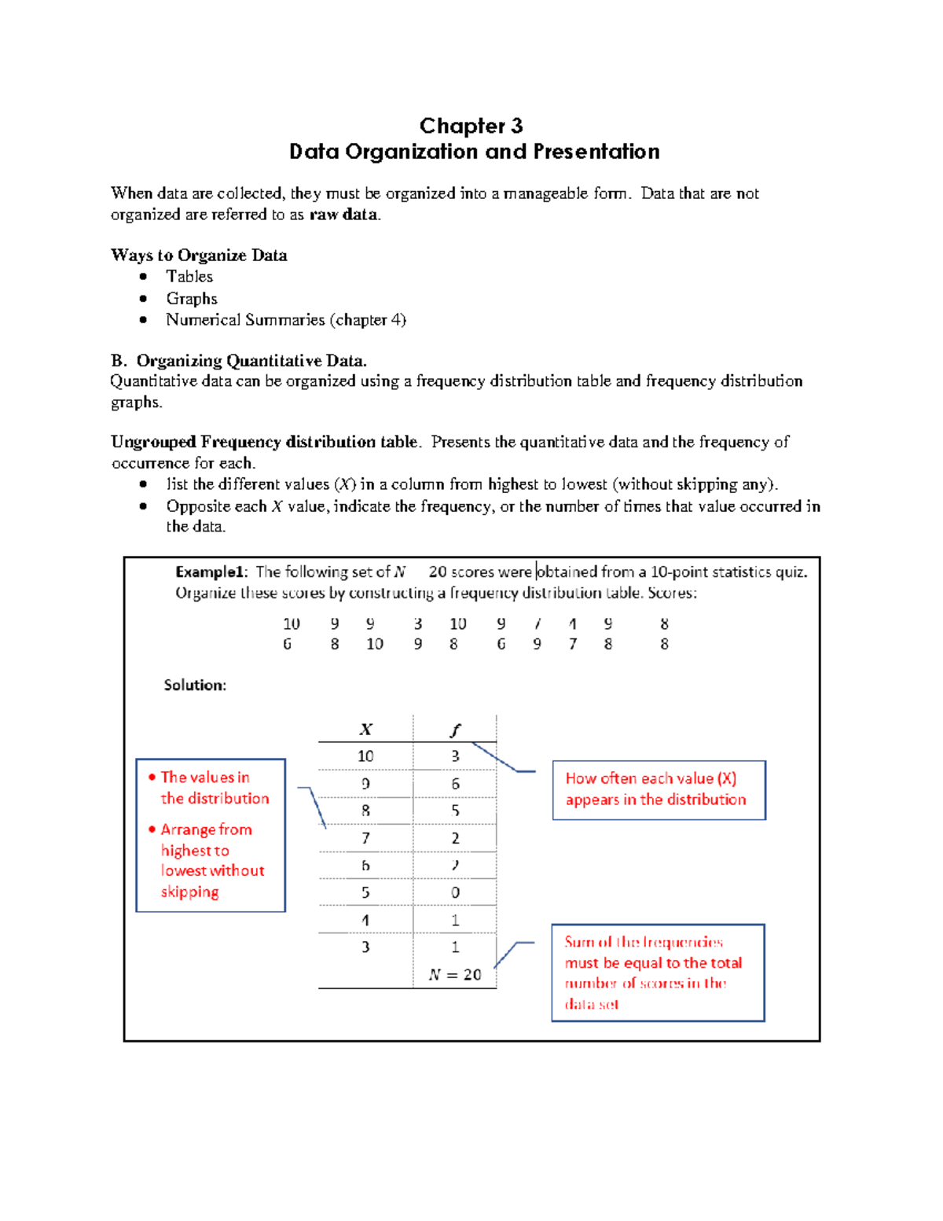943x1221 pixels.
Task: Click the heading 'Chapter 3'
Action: pyautogui.click(x=471, y=126)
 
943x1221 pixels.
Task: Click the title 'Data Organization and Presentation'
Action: pyautogui.click(x=474, y=152)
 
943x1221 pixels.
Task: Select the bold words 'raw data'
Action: pyautogui.click(x=344, y=215)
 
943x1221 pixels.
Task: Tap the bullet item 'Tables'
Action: pyautogui.click(x=189, y=277)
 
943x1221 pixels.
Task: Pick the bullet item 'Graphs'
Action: pyautogui.click(x=192, y=299)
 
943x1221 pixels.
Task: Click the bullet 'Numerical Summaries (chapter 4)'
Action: pyautogui.click(x=286, y=320)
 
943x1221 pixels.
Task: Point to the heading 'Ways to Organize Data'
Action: pyautogui.click(x=199, y=256)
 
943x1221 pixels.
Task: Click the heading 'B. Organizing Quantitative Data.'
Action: pyautogui.click(x=239, y=361)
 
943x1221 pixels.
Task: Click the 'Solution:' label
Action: pyautogui.click(x=195, y=685)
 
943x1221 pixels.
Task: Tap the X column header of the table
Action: pyautogui.click(x=365, y=730)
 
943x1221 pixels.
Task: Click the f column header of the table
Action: pyautogui.click(x=454, y=730)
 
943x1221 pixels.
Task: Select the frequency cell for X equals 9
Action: pyautogui.click(x=455, y=784)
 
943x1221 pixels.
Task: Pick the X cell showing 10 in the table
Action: pyautogui.click(x=365, y=756)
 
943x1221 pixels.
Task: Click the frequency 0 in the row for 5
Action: pyautogui.click(x=455, y=893)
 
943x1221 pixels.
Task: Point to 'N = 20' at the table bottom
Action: pyautogui.click(x=455, y=975)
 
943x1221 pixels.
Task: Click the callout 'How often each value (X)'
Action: pyautogui.click(x=651, y=778)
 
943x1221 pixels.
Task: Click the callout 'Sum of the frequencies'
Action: pyautogui.click(x=644, y=942)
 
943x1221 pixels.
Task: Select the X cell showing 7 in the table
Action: pyautogui.click(x=365, y=838)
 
